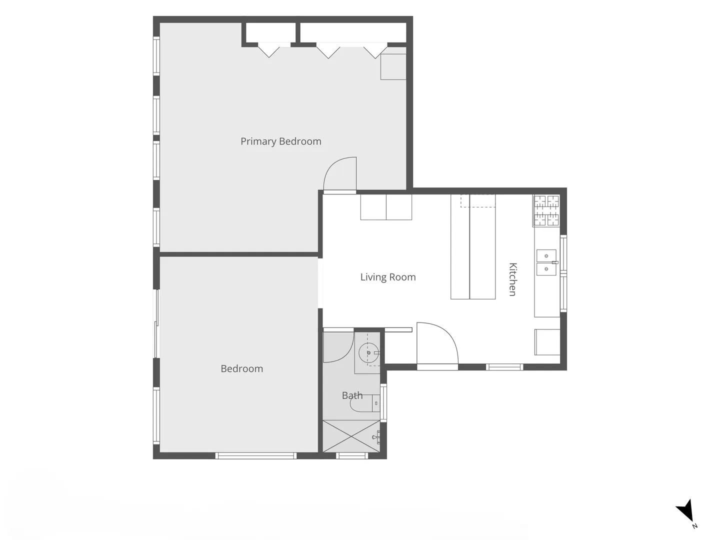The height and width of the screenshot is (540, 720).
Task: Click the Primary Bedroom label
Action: [281, 141]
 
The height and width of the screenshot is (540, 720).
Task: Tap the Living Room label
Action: [388, 277]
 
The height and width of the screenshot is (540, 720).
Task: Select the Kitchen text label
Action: [512, 279]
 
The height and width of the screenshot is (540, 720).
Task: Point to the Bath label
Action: [352, 395]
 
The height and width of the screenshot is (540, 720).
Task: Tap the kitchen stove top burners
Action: [546, 210]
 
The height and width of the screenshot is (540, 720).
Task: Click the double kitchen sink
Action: [546, 262]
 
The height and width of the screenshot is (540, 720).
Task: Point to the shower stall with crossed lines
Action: [351, 436]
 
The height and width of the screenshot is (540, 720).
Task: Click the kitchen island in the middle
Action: [473, 246]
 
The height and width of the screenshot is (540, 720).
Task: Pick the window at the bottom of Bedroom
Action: [256, 455]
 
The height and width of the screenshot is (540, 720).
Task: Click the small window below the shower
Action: [352, 455]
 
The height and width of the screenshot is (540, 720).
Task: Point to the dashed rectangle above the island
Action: [478, 200]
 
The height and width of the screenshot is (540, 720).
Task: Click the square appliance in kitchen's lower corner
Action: [547, 342]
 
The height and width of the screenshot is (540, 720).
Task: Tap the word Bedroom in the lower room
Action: [241, 369]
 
